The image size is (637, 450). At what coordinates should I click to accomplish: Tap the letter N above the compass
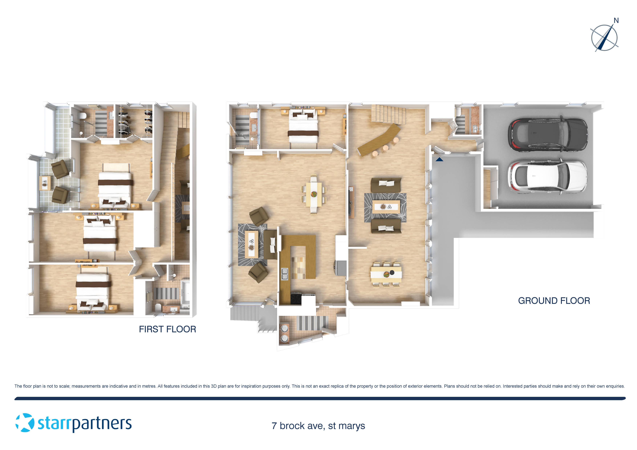(x=616, y=21)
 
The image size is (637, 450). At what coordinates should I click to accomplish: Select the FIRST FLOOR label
(x=167, y=329)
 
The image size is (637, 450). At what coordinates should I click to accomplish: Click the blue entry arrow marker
(x=439, y=159)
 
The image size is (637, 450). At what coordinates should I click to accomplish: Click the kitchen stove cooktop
(x=296, y=299)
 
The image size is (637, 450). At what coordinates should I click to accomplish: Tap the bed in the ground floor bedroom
(x=303, y=128)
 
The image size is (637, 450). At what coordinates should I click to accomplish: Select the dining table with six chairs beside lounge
(x=386, y=274)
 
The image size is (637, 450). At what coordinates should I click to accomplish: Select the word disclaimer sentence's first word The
(x=18, y=386)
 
